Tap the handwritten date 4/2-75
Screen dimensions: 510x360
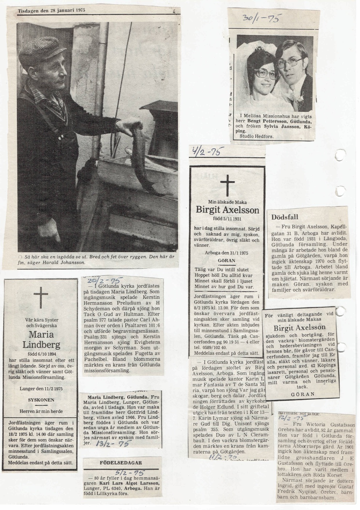[204, 151]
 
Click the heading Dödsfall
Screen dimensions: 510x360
[285, 217]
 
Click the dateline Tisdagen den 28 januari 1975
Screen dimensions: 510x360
[52, 10]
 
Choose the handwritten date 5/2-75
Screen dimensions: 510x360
[123, 473]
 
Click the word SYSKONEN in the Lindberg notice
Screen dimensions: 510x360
[41, 400]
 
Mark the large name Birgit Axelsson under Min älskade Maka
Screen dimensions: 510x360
[228, 210]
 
